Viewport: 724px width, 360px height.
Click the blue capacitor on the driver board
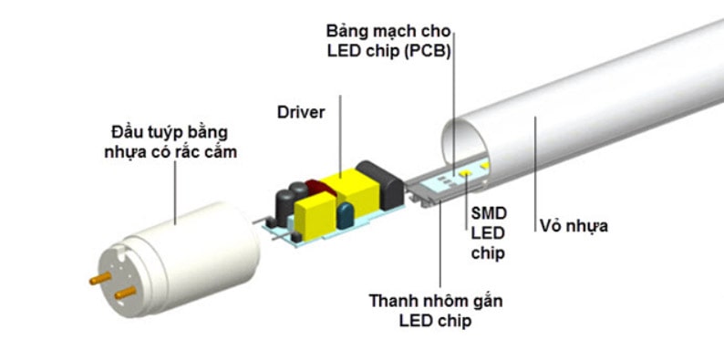point(346,216)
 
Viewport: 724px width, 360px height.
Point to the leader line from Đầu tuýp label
point(175,191)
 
